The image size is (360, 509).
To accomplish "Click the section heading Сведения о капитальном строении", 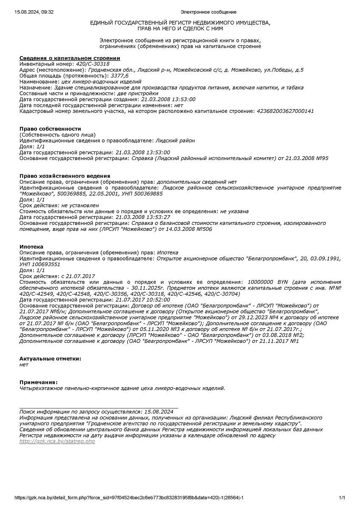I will [x=70, y=58].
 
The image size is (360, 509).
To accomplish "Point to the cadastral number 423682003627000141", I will [x=285, y=111].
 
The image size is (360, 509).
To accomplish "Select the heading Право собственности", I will [x=50, y=129].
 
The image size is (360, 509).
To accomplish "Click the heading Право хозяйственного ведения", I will [x=65, y=176].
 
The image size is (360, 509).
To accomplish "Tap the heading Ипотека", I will [x=31, y=246].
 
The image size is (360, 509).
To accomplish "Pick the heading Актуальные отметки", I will [x=50, y=358].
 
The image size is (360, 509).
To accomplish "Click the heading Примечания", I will [x=38, y=382].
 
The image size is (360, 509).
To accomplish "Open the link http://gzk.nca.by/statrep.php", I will [x=57, y=442].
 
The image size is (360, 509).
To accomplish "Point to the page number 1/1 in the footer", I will [x=342, y=498].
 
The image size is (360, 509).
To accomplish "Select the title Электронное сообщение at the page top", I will [x=208, y=12].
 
